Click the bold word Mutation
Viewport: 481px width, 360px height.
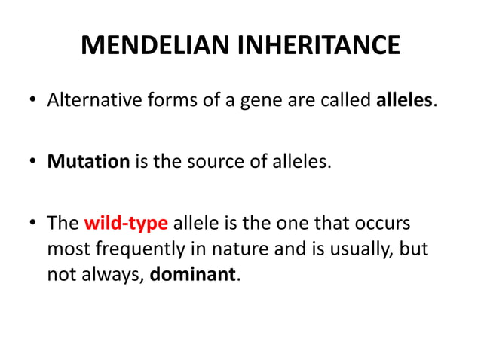88,161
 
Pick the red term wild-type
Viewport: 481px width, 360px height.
126,224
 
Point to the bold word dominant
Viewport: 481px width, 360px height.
194,274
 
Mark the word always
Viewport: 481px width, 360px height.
109,275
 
